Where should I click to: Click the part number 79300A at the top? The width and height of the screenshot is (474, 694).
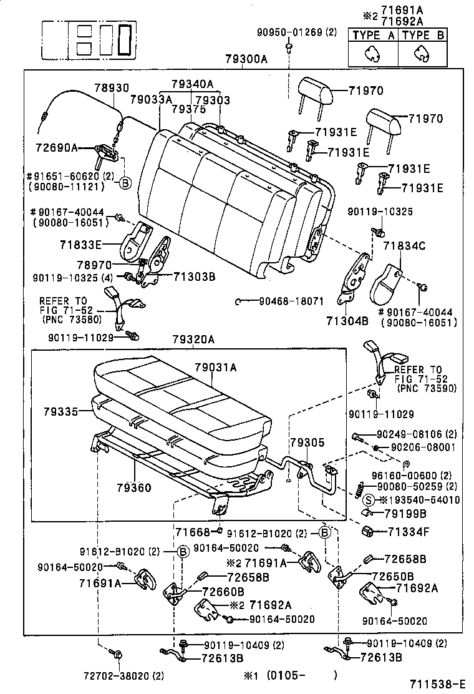click(x=246, y=59)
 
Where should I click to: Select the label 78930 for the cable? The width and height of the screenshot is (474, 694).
click(x=112, y=87)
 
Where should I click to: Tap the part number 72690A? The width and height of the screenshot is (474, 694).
click(x=57, y=147)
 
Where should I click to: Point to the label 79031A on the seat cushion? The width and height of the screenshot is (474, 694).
click(x=216, y=367)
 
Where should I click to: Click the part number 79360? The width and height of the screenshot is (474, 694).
click(x=134, y=487)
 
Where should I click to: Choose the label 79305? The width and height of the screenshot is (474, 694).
click(x=307, y=442)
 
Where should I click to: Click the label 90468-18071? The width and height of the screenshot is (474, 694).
click(x=291, y=301)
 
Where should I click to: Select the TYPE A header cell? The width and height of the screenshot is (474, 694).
click(x=373, y=35)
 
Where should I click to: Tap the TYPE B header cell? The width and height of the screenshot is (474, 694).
click(x=423, y=35)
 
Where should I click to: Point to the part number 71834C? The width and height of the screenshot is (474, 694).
click(x=404, y=246)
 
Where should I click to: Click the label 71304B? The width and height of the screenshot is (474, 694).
click(x=347, y=320)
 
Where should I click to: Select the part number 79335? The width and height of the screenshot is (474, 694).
click(x=61, y=412)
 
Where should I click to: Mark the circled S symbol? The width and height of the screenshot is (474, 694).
click(x=369, y=500)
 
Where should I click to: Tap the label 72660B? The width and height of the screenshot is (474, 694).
click(x=223, y=591)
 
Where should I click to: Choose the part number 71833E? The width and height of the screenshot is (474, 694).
click(x=81, y=244)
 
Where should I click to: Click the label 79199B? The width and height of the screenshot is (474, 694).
click(x=405, y=514)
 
